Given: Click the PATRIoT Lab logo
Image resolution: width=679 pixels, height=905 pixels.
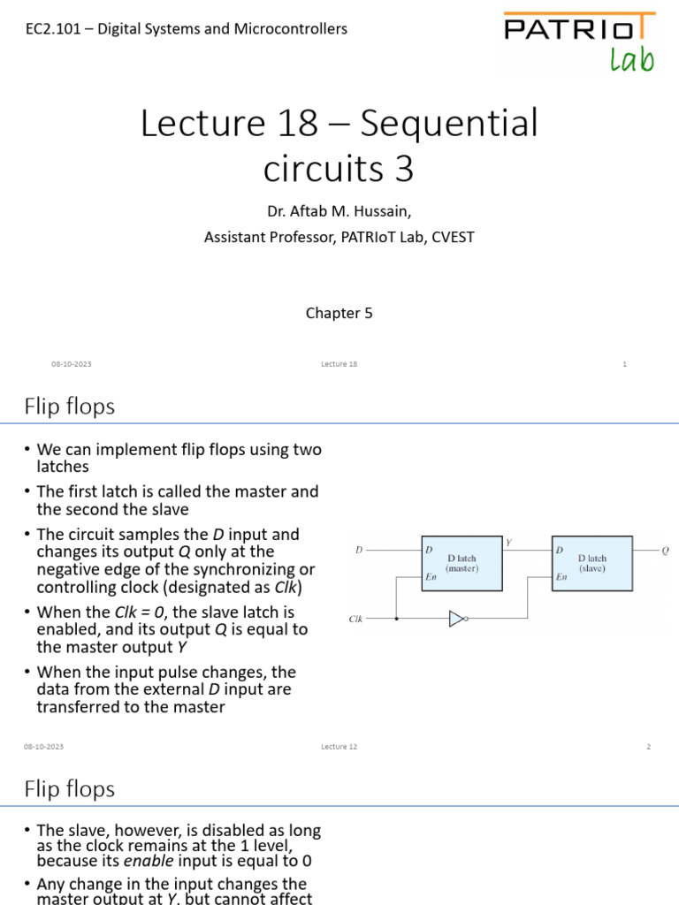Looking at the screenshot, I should [x=579, y=41].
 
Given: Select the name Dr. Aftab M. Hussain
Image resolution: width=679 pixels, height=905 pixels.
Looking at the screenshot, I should [x=339, y=212].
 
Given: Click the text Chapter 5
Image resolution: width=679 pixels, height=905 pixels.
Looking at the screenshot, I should [x=339, y=313].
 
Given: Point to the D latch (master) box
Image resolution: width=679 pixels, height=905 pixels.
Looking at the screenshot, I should [x=462, y=564].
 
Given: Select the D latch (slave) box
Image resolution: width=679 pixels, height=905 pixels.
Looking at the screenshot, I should [x=592, y=564].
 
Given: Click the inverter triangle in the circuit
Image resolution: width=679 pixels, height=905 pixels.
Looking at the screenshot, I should [x=456, y=619].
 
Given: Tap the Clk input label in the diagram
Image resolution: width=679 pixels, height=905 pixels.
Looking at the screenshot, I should [x=355, y=620].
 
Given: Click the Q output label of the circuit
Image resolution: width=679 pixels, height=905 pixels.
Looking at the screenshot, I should [x=665, y=551].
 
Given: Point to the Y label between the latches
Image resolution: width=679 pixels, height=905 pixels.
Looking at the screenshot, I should [x=508, y=542].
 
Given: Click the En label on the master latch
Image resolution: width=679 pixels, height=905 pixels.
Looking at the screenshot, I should [x=431, y=577].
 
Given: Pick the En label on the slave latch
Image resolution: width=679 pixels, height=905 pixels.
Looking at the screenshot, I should [x=561, y=577].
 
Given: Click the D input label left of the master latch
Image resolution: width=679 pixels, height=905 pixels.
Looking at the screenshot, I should [x=359, y=551].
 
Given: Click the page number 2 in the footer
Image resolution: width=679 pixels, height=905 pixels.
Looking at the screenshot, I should [x=648, y=747].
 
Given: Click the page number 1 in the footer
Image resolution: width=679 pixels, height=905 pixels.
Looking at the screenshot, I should [x=624, y=364].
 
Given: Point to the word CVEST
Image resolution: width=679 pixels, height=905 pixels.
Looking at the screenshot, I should [x=454, y=237].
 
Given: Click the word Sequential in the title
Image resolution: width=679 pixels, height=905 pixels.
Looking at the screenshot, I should [x=449, y=124].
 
